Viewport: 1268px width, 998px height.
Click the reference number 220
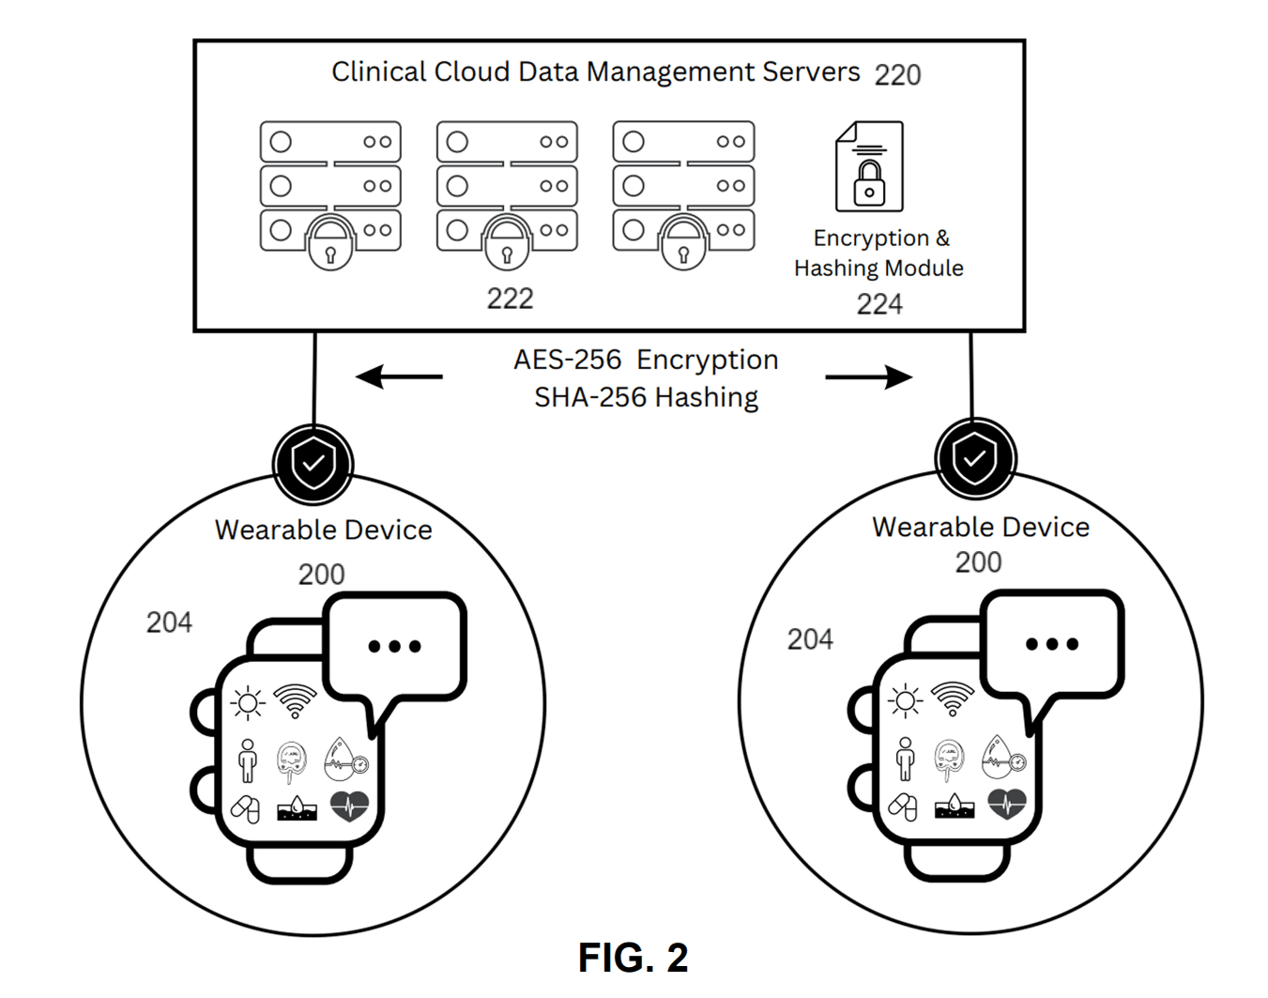tap(897, 75)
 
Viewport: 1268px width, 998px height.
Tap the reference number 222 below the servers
tap(510, 299)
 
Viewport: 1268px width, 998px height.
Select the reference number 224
tap(879, 304)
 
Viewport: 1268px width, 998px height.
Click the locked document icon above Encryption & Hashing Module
tap(870, 167)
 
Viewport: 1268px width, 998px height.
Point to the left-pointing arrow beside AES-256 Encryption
tap(399, 377)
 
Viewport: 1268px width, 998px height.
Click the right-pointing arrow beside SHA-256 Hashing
tap(868, 377)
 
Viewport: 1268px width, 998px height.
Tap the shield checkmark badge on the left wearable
tap(313, 463)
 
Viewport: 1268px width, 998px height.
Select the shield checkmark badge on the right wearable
tap(975, 459)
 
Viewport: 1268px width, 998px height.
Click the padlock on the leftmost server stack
tap(330, 242)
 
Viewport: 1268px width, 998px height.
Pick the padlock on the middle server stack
tap(507, 242)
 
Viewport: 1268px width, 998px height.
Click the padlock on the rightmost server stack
tap(683, 242)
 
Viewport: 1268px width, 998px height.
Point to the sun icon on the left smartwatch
tap(248, 702)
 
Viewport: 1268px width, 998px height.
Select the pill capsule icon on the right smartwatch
tap(903, 806)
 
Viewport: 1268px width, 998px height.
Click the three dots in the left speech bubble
tap(394, 646)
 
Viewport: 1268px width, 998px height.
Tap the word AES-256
tap(567, 360)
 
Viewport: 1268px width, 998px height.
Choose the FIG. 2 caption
tap(634, 958)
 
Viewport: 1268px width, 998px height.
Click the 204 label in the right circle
tap(810, 639)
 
